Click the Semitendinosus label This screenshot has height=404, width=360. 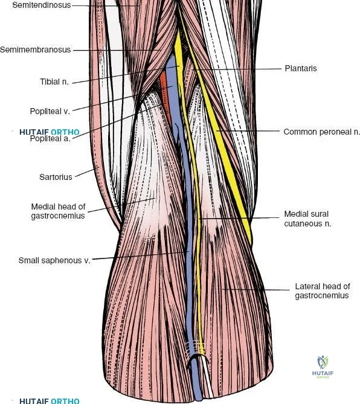[42, 5]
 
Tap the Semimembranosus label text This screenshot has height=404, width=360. [35, 50]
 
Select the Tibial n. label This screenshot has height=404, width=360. [54, 82]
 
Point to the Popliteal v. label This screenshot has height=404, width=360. [50, 111]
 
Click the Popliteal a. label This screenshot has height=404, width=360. [50, 139]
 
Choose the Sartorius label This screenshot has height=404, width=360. [56, 177]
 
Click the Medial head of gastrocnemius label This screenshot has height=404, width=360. [58, 211]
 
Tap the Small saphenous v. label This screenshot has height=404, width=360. [54, 260]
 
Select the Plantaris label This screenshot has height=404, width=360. [301, 68]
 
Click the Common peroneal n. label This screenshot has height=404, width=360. [321, 132]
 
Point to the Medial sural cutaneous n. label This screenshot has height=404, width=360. [307, 219]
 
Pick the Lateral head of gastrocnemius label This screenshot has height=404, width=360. [322, 290]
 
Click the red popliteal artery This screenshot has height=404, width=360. [166, 97]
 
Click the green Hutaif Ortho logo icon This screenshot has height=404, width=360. [323, 362]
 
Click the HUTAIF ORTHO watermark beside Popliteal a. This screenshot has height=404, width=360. [50, 132]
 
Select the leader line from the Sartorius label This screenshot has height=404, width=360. [87, 172]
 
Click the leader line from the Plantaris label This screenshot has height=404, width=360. [237, 69]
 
